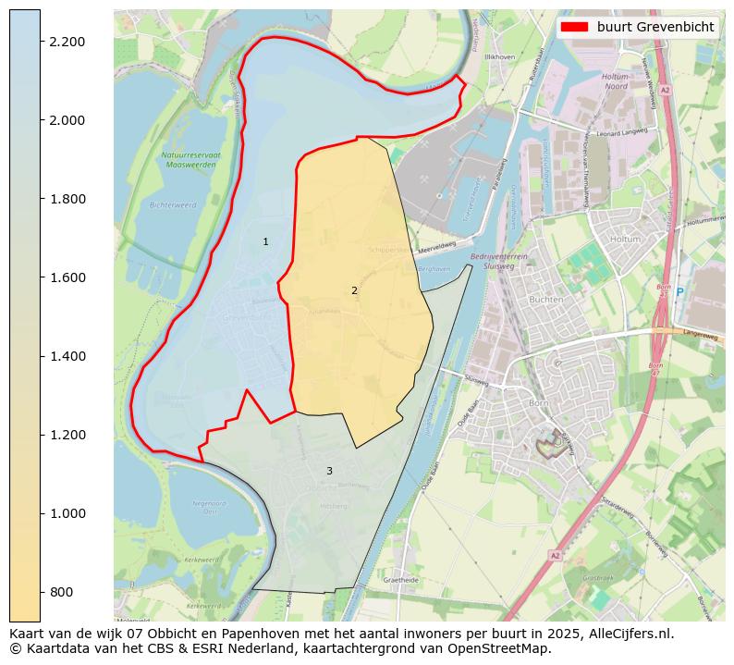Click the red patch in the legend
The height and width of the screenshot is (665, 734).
[x=576, y=27]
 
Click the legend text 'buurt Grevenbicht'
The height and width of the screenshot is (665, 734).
[x=655, y=27]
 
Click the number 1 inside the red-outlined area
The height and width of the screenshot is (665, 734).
[x=265, y=241]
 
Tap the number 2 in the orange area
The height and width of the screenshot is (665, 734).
[x=354, y=290]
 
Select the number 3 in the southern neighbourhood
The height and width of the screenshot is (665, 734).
[x=329, y=471]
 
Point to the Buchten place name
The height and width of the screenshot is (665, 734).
[x=546, y=300]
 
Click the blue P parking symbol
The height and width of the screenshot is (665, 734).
[x=679, y=292]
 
